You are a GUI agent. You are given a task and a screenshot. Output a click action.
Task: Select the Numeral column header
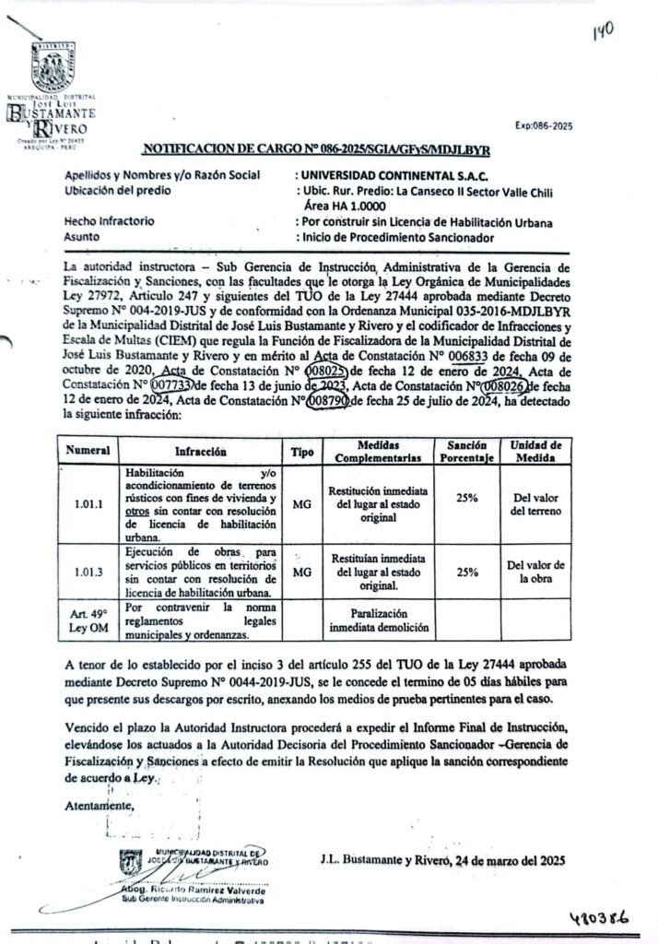coord(88,451)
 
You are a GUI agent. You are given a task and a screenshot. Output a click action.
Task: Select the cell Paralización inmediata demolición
coord(378,620)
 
